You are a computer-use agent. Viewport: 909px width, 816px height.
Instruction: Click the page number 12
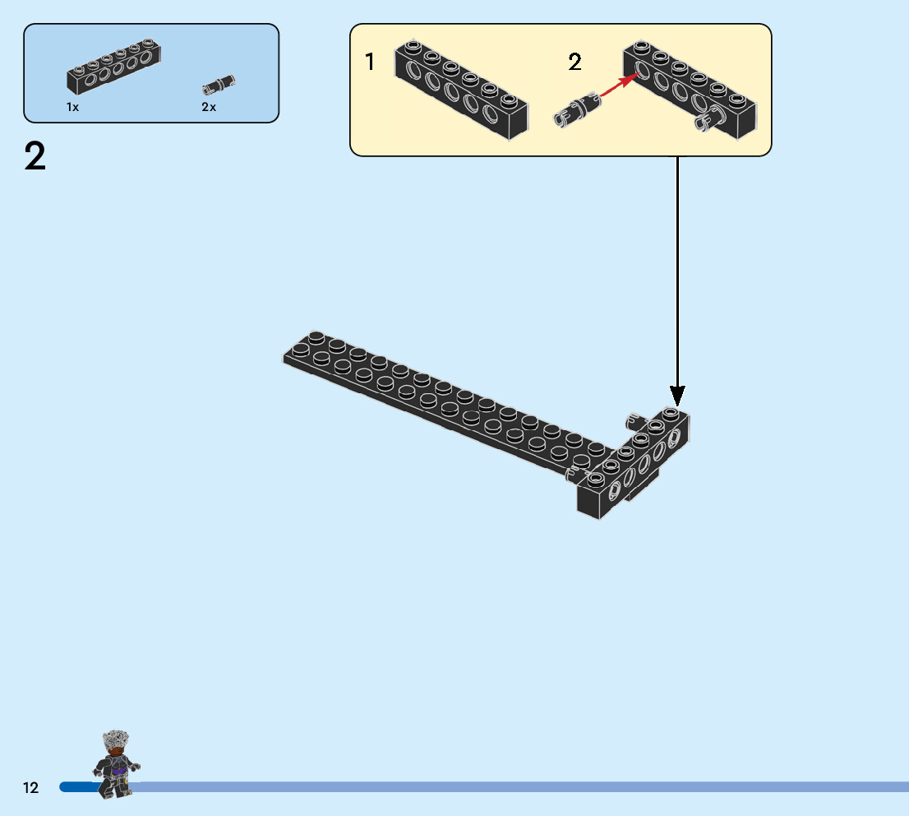(x=30, y=788)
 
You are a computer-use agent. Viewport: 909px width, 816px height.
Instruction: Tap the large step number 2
(x=35, y=157)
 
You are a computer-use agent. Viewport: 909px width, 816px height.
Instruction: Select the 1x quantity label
(x=73, y=108)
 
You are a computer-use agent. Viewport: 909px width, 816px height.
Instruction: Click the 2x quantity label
(x=209, y=108)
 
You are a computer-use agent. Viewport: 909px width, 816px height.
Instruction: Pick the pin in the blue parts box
(x=218, y=84)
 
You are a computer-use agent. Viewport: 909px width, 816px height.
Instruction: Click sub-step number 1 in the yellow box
(x=370, y=62)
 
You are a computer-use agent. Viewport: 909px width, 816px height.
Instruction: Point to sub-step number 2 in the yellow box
(x=574, y=62)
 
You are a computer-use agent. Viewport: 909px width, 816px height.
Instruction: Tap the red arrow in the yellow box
(x=618, y=86)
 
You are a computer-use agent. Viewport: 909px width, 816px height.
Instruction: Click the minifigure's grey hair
(x=115, y=740)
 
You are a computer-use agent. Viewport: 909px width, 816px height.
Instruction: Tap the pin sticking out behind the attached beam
(x=634, y=420)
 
